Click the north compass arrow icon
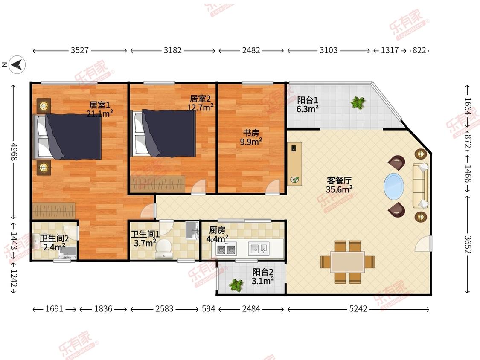coord(17,64)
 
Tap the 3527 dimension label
coord(80,50)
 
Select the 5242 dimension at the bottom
coord(358,308)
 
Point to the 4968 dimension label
coord(14,151)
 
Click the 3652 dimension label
coord(467,244)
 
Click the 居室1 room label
coord(99,105)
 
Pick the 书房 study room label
coord(251,133)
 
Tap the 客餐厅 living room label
coord(339,180)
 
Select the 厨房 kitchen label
coord(217,229)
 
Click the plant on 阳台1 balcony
coord(358,103)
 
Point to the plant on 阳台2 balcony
coord(236,285)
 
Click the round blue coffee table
coord(394,186)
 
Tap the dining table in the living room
coord(347,262)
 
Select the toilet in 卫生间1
coord(163,249)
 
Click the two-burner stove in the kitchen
coord(226,248)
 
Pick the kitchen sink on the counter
coord(259,249)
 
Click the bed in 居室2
coord(163,134)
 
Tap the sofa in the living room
coord(420,186)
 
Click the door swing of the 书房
coord(273,187)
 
